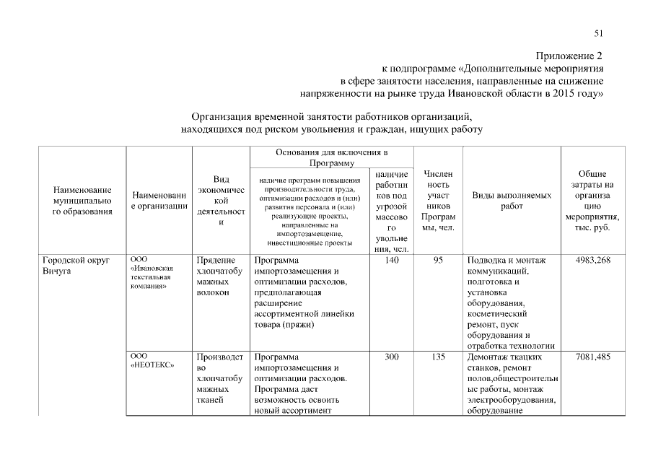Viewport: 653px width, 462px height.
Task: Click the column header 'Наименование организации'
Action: [159, 201]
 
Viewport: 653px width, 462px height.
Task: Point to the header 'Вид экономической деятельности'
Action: [221, 200]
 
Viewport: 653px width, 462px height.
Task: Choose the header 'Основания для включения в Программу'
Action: [331, 158]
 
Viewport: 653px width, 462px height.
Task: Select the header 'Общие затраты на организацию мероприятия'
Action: [592, 201]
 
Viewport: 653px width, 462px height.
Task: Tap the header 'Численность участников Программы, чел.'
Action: [438, 201]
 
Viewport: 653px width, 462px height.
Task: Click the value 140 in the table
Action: [392, 261]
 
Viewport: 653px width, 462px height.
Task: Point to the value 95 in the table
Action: [438, 261]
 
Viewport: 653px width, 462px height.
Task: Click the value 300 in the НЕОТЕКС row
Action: [392, 356]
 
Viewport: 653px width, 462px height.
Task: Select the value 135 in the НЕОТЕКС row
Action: [438, 356]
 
